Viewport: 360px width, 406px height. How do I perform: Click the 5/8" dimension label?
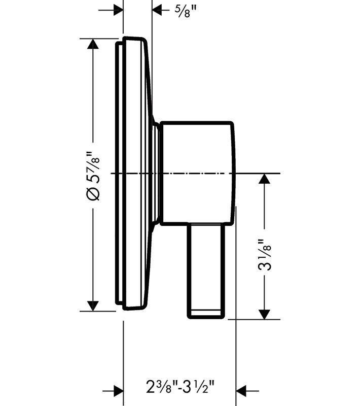point(186,11)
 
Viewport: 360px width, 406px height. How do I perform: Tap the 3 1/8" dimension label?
point(264,255)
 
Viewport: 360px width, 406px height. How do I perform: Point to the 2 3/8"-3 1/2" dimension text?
point(181,386)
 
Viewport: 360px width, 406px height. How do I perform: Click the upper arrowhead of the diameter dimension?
point(93,44)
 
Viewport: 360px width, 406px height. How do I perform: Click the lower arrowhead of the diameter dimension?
point(93,306)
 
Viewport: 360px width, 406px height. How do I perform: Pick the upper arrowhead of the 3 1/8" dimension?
point(264,179)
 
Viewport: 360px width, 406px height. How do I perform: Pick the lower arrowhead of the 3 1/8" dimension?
point(264,314)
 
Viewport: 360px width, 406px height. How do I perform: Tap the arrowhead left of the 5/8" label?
point(157,10)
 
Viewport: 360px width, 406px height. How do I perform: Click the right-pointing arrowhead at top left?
point(118,10)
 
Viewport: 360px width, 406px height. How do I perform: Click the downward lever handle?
point(206,270)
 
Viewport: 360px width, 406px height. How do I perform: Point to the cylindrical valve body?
point(198,173)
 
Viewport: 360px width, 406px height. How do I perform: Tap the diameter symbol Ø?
point(94,194)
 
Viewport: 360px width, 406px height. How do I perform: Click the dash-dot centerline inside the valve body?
point(197,173)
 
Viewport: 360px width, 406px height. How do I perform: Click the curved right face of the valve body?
point(233,173)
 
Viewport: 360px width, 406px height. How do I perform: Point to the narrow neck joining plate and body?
point(157,173)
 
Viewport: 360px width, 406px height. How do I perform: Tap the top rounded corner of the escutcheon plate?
point(143,40)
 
